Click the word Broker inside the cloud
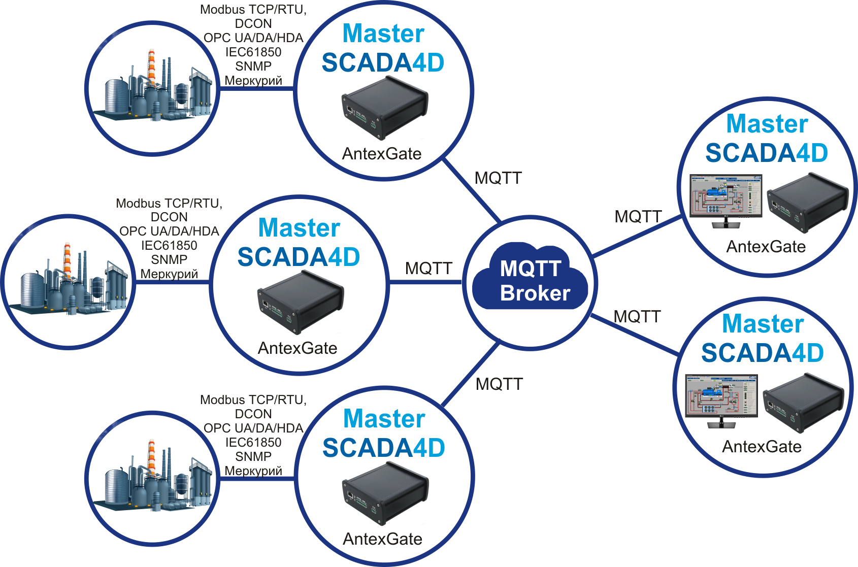(535, 293)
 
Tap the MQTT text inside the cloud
(531, 269)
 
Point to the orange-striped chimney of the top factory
(151, 66)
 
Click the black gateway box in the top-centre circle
(384, 108)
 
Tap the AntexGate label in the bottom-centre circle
(382, 539)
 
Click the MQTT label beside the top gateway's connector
(498, 178)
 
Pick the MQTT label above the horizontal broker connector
(428, 268)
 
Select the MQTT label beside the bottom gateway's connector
(499, 384)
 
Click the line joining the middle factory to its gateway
(173, 282)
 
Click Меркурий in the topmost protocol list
(253, 81)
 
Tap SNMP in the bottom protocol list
(253, 456)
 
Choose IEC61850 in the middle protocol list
(169, 246)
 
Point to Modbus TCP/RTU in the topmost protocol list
(253, 10)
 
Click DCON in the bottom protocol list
(253, 414)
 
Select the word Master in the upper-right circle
(767, 124)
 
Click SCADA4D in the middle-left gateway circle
(299, 257)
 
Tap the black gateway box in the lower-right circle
(803, 403)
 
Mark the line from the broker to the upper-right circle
(637, 237)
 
